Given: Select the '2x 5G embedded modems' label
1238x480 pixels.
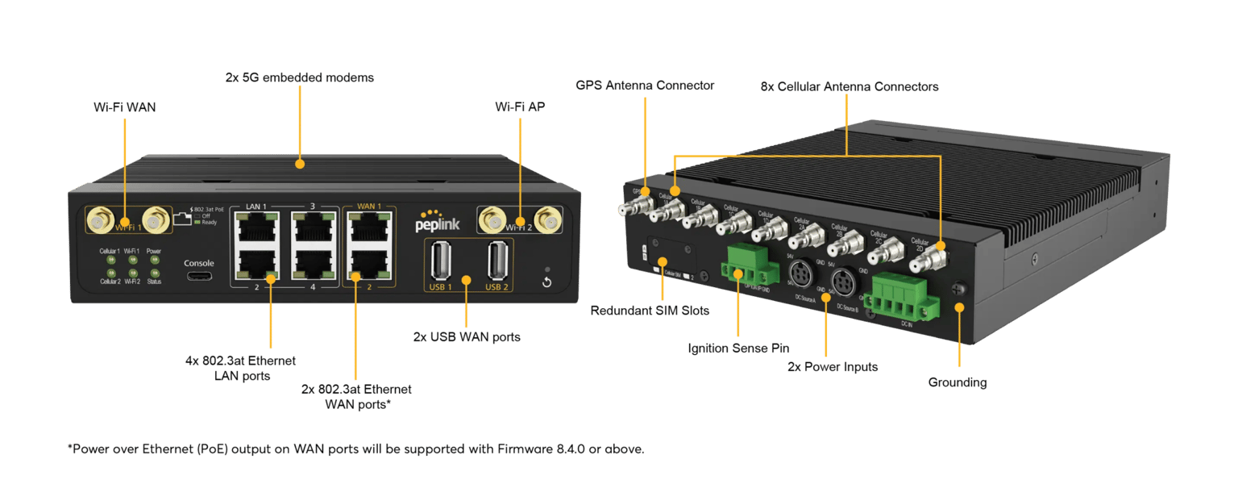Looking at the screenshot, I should coord(299,77).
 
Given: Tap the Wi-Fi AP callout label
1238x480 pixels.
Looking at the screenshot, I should coord(520,106).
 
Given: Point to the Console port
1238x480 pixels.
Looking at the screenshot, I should coord(198,277).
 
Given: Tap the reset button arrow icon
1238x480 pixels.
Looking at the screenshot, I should coord(546,282).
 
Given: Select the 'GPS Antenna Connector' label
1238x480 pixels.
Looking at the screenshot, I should coord(645,86).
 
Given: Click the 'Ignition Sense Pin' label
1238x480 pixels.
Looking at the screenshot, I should coord(737,349).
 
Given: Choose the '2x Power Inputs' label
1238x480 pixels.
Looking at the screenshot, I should coord(832,367).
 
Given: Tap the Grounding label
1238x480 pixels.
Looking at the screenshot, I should coord(957,382).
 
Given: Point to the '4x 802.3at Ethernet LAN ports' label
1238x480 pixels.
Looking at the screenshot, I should coord(240,367).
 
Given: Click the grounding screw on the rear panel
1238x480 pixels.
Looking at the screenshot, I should coord(959,286).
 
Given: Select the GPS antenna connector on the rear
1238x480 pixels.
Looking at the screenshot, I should coord(628,209).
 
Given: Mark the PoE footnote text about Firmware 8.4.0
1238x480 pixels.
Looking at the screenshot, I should coord(355,449).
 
